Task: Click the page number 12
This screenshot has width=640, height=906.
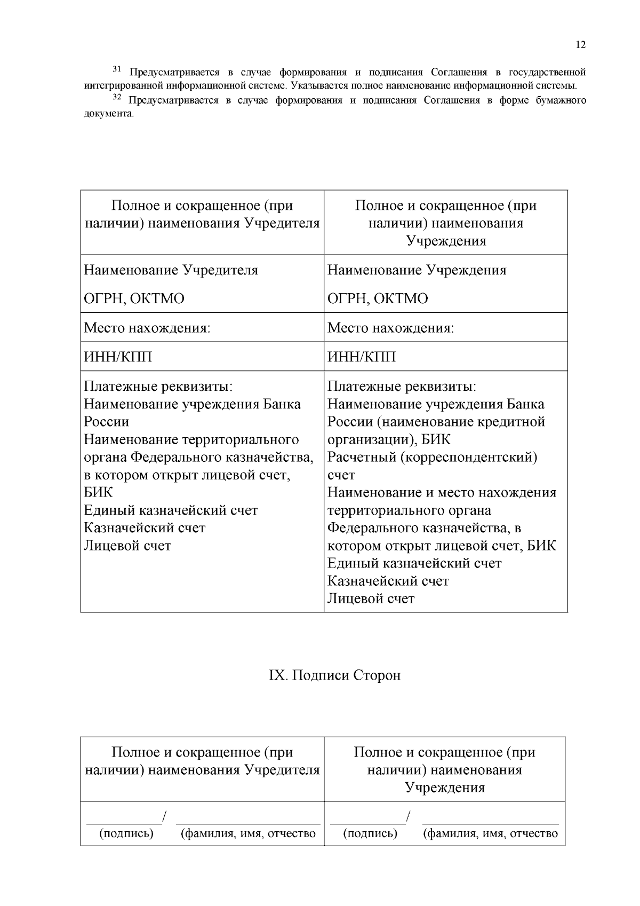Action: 581,45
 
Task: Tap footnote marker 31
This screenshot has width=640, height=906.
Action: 117,69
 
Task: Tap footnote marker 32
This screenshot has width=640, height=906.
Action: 117,97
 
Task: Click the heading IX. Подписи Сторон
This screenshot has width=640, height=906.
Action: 334,675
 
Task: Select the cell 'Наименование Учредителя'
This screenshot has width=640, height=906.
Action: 171,270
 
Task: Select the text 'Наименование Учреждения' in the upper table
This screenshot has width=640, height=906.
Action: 417,270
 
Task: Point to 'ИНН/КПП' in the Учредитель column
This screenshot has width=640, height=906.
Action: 118,357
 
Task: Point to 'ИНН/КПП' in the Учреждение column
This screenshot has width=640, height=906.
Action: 362,357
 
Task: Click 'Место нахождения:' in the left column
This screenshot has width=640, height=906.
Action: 147,328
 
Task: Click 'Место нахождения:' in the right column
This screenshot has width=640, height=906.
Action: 390,328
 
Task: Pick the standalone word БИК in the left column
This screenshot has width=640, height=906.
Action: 99,492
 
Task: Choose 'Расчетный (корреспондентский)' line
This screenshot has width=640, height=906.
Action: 432,458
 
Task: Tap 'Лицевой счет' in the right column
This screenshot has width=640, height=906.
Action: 371,598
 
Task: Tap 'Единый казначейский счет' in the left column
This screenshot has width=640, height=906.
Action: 171,510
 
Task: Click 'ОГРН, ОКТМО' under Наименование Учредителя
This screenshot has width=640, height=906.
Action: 134,298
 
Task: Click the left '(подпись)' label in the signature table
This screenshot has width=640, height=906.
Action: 126,833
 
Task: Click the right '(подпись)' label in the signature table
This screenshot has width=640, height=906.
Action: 370,833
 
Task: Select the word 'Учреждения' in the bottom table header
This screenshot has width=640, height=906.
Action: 445,787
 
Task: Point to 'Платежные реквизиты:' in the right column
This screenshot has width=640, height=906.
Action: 402,386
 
